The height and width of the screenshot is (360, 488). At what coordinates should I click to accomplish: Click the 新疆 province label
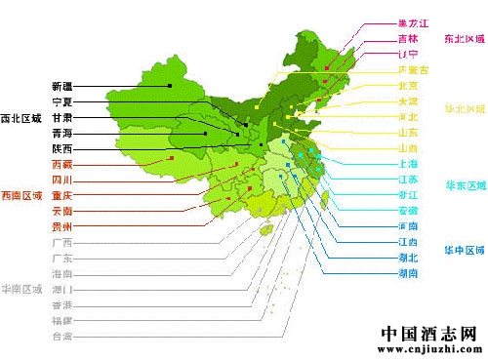[x=61, y=86]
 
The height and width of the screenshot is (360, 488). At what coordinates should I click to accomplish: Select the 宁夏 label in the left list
[x=61, y=101]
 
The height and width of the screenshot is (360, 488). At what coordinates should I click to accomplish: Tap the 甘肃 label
[x=61, y=117]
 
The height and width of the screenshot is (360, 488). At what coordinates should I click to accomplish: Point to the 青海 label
[x=61, y=133]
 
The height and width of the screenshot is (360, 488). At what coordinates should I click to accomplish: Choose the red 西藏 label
[x=61, y=165]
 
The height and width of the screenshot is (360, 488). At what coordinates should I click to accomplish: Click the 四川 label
[x=61, y=180]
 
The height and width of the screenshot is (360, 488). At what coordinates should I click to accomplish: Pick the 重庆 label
[x=61, y=195]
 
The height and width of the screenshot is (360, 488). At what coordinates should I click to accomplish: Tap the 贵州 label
[x=61, y=225]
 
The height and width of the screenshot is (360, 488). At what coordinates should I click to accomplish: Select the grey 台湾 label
[x=61, y=337]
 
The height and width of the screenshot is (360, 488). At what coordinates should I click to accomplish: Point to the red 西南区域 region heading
[x=21, y=196]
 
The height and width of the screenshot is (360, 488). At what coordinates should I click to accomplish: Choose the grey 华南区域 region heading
[x=21, y=290]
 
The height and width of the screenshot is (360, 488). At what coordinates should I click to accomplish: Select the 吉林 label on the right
[x=408, y=38]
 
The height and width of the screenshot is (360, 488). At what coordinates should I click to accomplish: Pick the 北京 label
[x=408, y=86]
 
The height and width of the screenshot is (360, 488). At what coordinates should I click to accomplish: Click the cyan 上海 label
[x=408, y=164]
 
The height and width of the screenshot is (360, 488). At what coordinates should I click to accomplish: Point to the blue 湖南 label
[x=408, y=274]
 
